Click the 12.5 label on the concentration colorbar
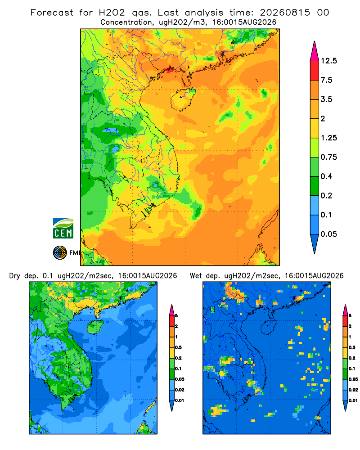coord(328,61)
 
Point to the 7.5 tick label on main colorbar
coord(326,80)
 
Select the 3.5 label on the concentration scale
coord(326,99)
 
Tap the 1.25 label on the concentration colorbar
coord(328,138)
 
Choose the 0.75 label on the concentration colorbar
coord(328,157)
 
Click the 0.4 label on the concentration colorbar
coord(326,176)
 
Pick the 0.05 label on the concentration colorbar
coord(328,234)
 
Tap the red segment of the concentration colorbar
coord(315,71)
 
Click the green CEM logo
coord(63,229)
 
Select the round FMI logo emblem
coord(60,253)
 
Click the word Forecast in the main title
coord(52,13)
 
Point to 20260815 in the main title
coord(285,13)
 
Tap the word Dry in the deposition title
coord(15,276)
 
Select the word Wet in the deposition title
coord(196,276)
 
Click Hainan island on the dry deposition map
coord(95,327)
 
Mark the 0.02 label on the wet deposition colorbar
coord(353,390)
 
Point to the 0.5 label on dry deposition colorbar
coord(178,347)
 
